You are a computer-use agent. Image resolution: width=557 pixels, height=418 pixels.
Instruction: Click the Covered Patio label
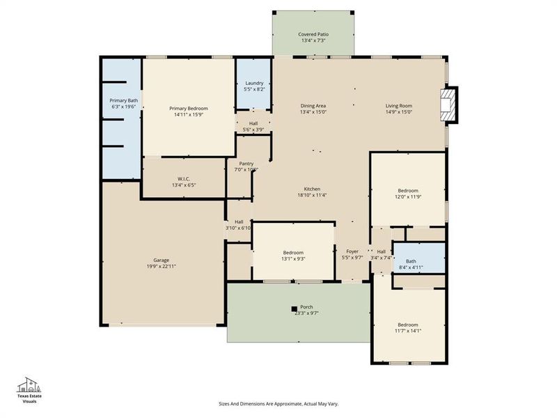tap(313, 33)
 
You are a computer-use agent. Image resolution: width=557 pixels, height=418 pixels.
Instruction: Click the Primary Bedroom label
tap(189, 108)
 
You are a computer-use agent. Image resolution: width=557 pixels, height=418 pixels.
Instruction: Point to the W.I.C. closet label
tap(183, 179)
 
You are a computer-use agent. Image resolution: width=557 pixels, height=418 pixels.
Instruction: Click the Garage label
tap(162, 260)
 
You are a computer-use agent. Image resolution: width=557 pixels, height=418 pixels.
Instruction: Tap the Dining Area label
tap(313, 105)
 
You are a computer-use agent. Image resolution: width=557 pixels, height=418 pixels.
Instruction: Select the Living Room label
tap(399, 105)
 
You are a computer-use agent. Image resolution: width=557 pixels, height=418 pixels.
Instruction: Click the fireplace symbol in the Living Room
tap(449, 105)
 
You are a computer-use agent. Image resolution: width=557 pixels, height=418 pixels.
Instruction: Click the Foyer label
tap(352, 251)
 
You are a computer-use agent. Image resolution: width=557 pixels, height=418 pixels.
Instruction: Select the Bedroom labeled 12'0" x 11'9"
tap(408, 194)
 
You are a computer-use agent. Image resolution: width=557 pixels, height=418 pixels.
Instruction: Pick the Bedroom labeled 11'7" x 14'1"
tap(408, 327)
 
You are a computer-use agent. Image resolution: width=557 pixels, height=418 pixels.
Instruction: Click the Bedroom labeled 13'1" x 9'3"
tap(293, 255)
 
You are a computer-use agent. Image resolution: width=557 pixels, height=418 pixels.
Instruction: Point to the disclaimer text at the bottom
tap(278, 403)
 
